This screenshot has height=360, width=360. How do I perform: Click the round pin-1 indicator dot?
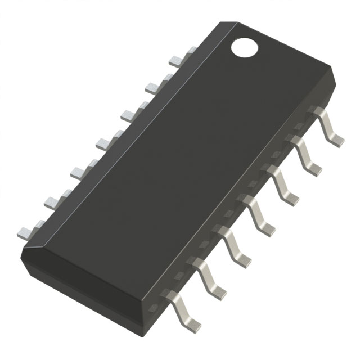243,47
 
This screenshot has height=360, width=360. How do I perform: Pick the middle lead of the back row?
103,143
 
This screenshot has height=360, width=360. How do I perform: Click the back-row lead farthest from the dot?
27,229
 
